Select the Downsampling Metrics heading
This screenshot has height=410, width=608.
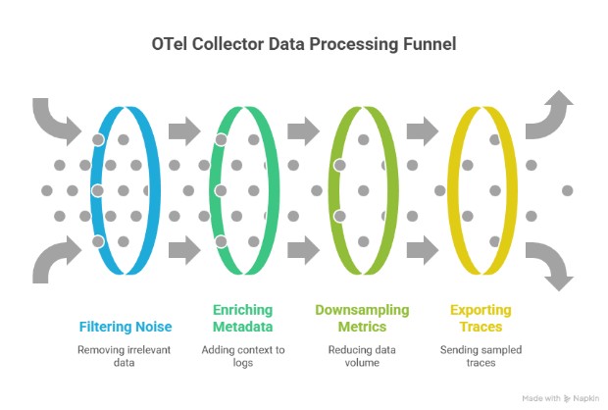362,318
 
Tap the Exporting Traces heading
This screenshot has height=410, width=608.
481,318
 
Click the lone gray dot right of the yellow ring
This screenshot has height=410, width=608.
567,188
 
